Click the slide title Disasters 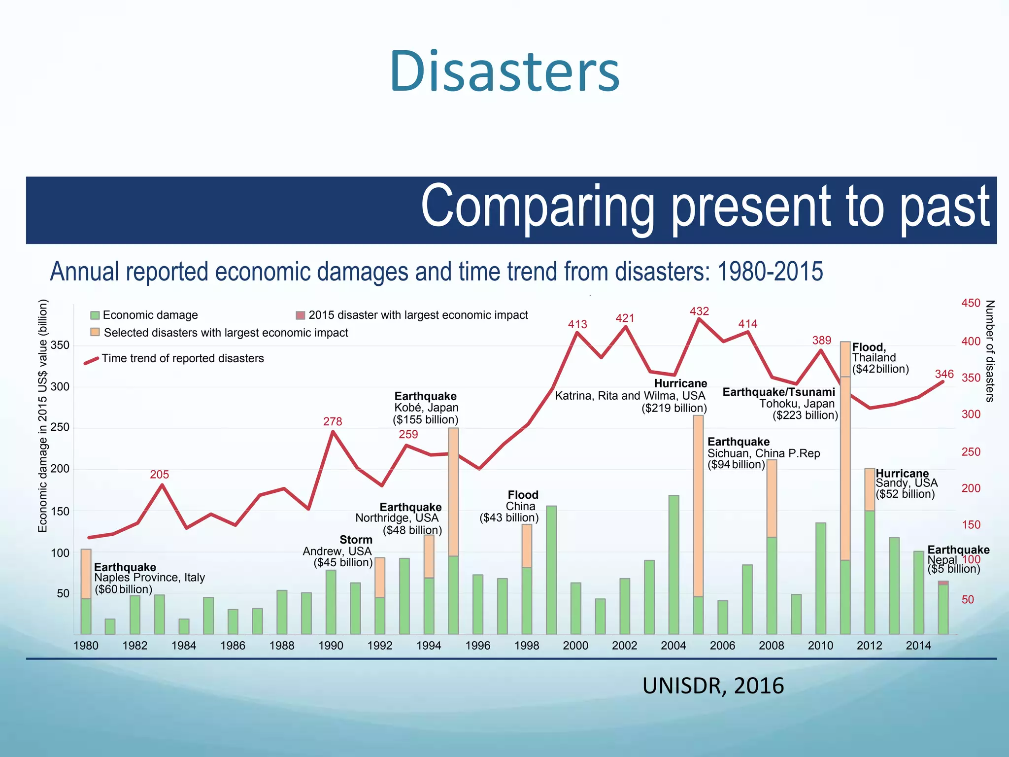(504, 71)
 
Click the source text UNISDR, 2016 (713, 686)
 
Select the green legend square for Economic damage (95, 315)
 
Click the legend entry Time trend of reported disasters (182, 358)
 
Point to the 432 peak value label (699, 311)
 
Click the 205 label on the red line (159, 475)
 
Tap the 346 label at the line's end (944, 375)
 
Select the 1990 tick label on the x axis (331, 646)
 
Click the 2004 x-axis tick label (673, 646)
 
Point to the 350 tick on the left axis (60, 345)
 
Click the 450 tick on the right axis (971, 304)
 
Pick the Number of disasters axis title (989, 351)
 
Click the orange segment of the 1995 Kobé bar (453, 493)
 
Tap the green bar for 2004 (673, 565)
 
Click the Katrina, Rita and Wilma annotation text (630, 396)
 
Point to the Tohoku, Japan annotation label (797, 404)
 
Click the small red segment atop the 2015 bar (943, 583)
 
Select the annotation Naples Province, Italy (149, 578)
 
